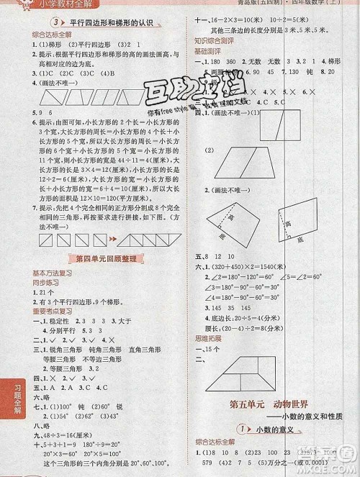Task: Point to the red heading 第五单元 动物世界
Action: pos(266,402)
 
